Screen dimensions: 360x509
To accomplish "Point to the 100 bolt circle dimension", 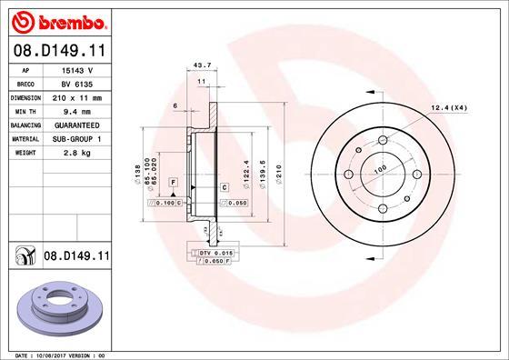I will coord(380,170).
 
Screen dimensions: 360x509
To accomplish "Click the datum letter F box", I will coord(172,184).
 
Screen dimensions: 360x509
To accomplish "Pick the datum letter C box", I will coord(224,186).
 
